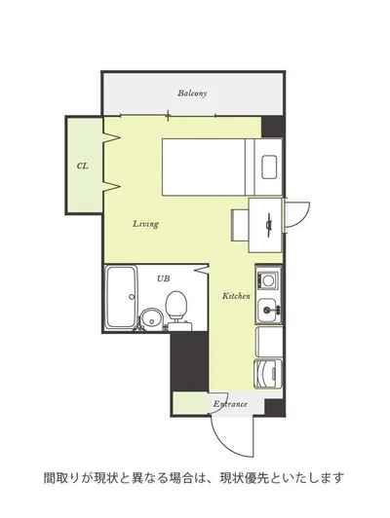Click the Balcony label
click(x=192, y=93)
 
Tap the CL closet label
click(x=83, y=166)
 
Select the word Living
click(x=146, y=224)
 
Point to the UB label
click(x=164, y=278)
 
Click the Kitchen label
click(x=236, y=296)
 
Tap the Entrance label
click(x=230, y=404)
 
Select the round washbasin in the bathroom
click(x=152, y=319)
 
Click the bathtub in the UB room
click(x=121, y=297)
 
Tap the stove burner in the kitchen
click(x=268, y=280)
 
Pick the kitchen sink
click(x=267, y=310)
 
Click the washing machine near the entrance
click(x=268, y=374)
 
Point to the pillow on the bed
click(x=270, y=166)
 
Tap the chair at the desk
click(x=240, y=225)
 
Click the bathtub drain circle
click(x=132, y=296)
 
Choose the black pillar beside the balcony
click(x=272, y=127)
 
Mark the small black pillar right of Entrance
click(x=274, y=407)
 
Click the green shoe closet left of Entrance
click(x=190, y=402)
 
